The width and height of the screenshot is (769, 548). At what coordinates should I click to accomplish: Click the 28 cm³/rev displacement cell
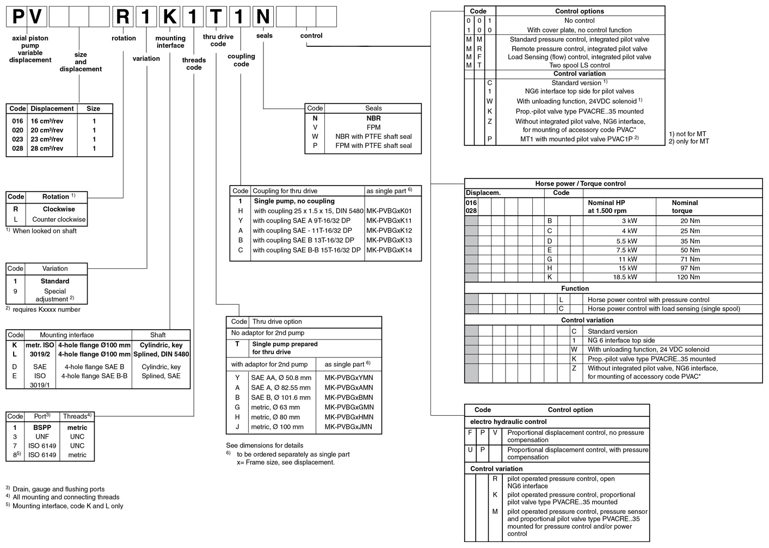click(x=47, y=148)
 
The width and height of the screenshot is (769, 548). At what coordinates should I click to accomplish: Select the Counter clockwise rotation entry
click(x=59, y=219)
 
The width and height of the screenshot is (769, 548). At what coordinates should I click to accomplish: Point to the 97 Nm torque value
click(x=690, y=268)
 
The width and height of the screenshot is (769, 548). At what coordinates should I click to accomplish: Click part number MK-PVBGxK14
click(x=389, y=250)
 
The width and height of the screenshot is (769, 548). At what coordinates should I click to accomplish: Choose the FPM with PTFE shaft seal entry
click(x=373, y=146)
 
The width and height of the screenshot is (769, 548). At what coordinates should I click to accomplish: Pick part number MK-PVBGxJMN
click(x=349, y=427)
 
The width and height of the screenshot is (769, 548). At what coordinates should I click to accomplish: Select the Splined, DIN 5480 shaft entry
click(x=161, y=354)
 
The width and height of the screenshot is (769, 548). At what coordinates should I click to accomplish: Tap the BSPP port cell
click(x=42, y=428)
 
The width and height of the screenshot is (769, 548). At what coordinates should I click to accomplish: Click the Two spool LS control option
click(x=579, y=65)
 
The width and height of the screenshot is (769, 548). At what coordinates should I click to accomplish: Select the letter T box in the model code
click(x=217, y=17)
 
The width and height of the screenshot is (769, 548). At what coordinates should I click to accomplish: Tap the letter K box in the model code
click(x=170, y=17)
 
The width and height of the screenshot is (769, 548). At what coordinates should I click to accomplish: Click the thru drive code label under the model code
click(x=218, y=40)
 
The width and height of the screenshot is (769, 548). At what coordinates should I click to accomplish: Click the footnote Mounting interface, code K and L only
click(x=67, y=506)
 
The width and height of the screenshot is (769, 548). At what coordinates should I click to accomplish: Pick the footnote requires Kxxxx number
click(x=46, y=310)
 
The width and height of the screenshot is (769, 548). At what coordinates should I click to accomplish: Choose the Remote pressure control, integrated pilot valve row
click(x=579, y=48)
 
